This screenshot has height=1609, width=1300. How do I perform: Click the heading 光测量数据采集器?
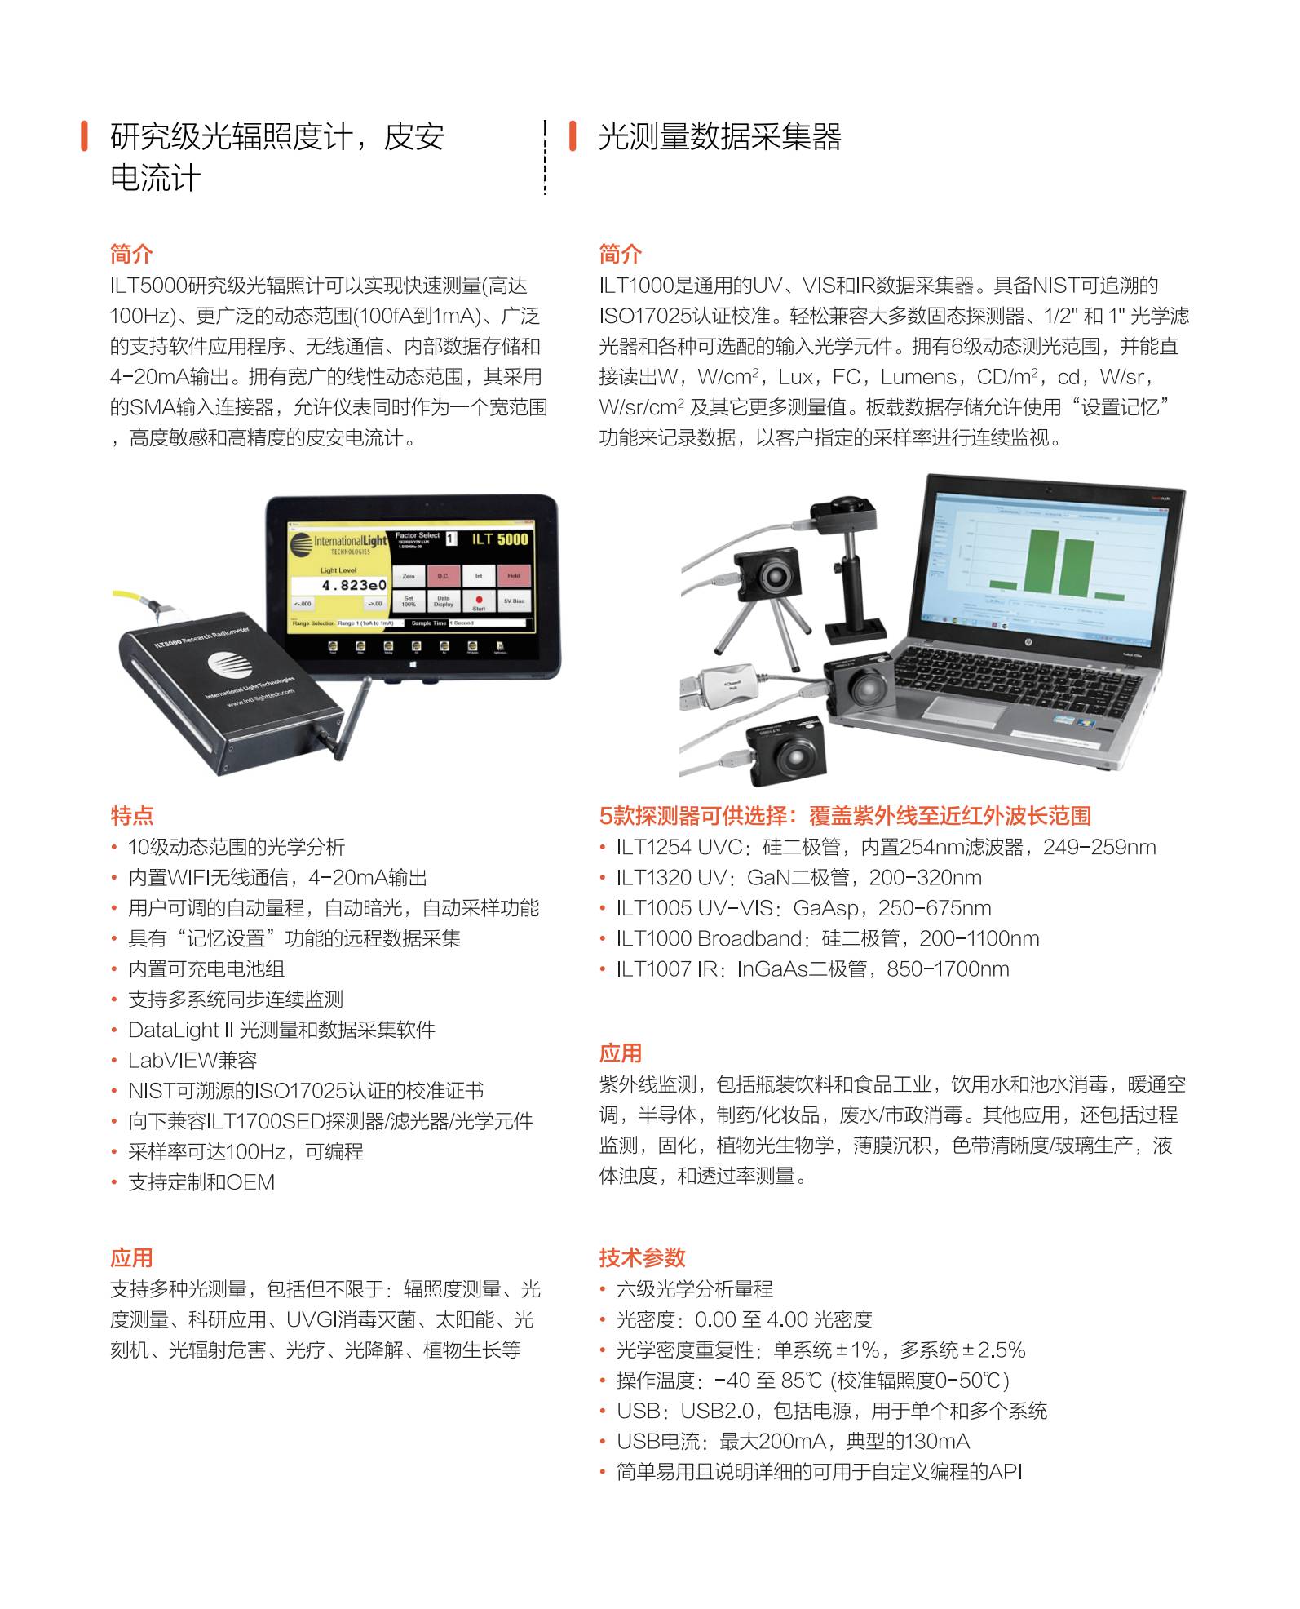719,137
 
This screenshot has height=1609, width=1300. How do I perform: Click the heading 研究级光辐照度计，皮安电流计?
277,157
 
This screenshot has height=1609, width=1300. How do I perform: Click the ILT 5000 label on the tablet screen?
499,539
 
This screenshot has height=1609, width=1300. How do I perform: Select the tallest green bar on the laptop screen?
1043,563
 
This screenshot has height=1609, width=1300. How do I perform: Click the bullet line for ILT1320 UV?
798,878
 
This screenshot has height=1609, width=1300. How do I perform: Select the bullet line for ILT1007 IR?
812,969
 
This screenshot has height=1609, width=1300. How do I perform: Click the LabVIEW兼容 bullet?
192,1061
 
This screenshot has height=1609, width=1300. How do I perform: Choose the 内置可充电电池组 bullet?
206,969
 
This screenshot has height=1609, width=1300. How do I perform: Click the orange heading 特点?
131,815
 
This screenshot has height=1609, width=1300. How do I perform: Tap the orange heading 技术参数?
642,1257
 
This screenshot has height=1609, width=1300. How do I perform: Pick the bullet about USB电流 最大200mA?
793,1442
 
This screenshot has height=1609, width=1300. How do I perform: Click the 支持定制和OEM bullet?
201,1182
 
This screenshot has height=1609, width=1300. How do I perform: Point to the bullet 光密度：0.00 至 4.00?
744,1319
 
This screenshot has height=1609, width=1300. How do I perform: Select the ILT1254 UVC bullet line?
886,847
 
